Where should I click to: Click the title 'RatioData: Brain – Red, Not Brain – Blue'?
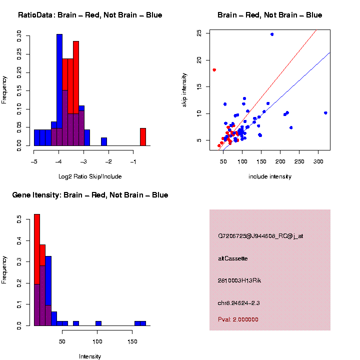click(x=90, y=15)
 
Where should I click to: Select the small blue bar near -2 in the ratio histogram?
click(x=104, y=141)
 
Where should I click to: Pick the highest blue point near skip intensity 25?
click(x=272, y=34)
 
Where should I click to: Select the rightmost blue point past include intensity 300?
click(x=325, y=113)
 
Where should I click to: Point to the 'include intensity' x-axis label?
click(x=270, y=176)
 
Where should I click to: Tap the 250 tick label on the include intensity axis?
click(x=299, y=162)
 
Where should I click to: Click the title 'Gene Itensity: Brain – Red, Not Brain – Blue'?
click(x=90, y=194)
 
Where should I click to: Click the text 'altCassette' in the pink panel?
click(x=233, y=258)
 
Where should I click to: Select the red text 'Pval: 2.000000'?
click(x=238, y=319)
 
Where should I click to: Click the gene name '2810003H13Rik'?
click(x=239, y=280)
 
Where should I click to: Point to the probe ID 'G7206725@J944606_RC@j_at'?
click(x=260, y=236)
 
